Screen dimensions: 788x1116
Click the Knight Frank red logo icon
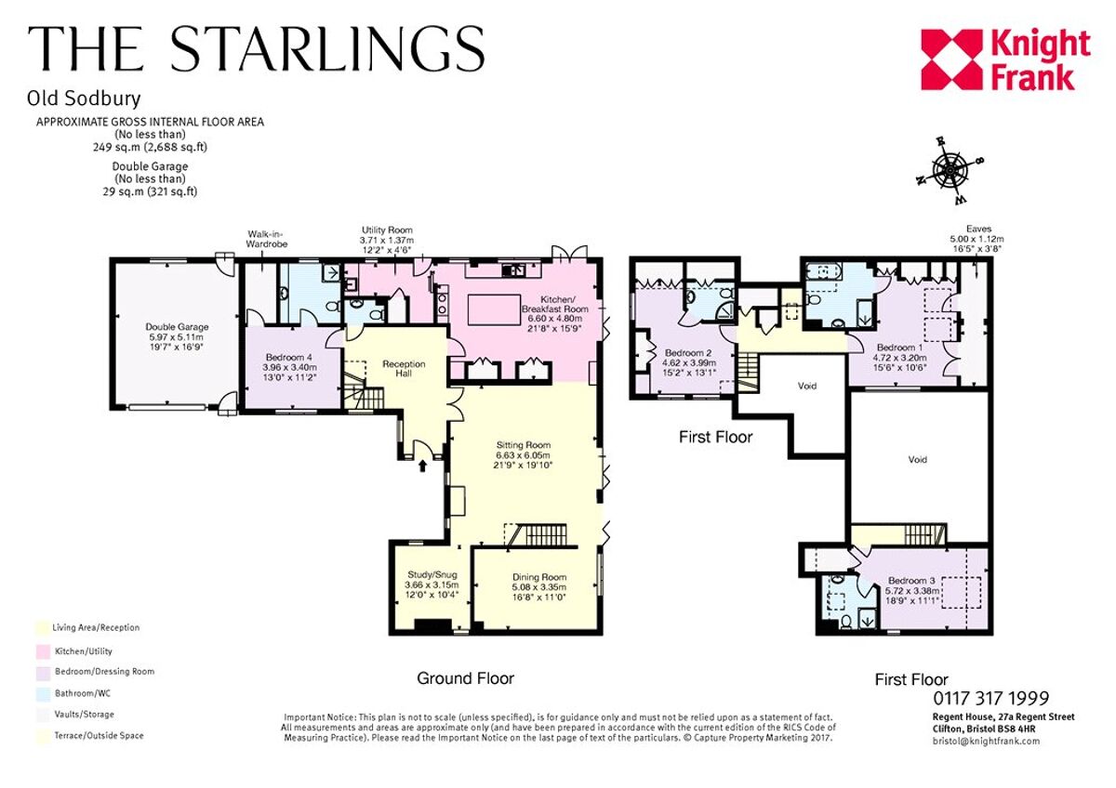click(951, 59)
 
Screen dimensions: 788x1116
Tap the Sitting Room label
click(524, 455)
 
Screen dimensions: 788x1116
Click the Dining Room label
click(538, 587)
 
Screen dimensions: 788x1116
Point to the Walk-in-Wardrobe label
click(267, 239)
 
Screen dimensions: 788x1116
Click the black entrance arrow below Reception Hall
click(425, 465)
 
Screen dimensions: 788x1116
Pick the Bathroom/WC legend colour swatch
click(40, 692)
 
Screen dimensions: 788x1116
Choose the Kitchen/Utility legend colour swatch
click(40, 651)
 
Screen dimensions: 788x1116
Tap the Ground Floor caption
click(465, 678)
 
